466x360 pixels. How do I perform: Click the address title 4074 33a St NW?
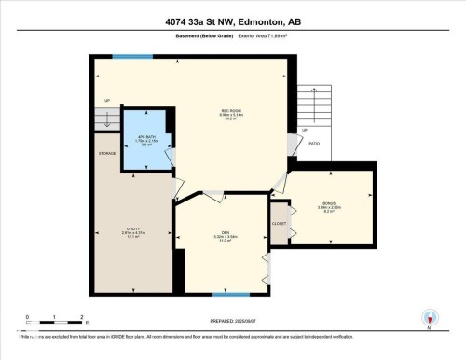(232, 21)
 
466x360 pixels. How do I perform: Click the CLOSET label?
(279, 224)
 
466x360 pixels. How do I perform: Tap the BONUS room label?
(331, 207)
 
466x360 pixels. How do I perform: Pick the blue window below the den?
(225, 295)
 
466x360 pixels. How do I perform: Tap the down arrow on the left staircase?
(108, 119)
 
